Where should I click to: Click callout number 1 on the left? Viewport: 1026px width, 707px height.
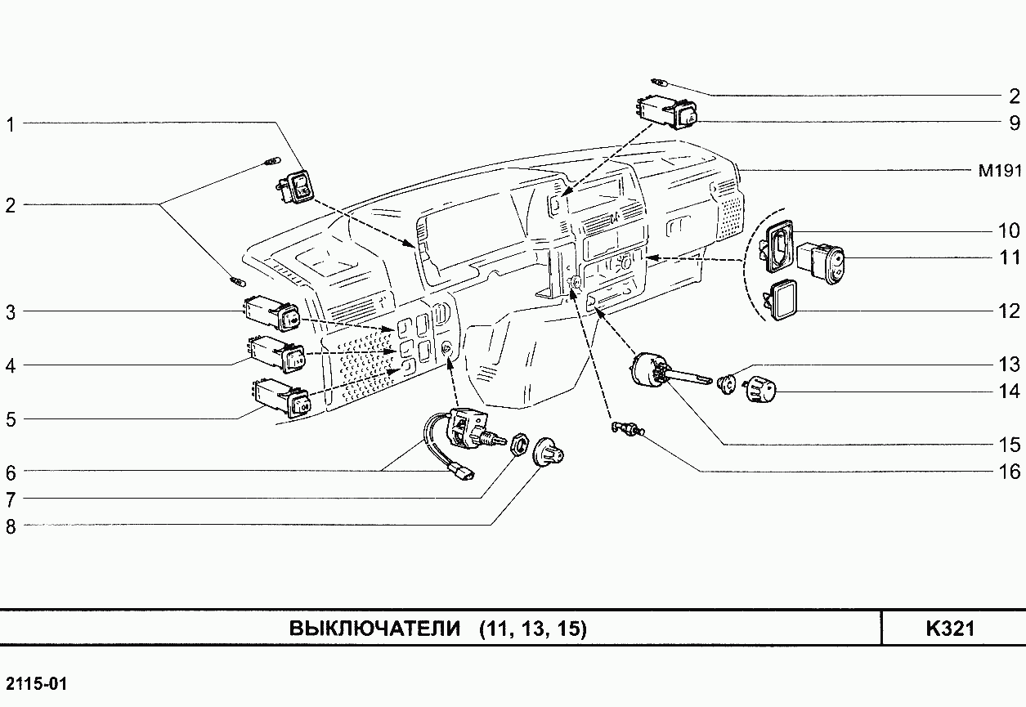[x=11, y=125]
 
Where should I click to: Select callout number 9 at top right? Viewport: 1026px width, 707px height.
[x=1014, y=124]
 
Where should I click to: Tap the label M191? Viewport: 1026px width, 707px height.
[x=999, y=172]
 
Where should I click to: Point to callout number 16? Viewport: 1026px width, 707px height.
[x=1010, y=472]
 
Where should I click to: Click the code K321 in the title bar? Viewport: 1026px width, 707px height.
[x=950, y=629]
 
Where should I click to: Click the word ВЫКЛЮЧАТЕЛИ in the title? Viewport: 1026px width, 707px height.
[x=376, y=629]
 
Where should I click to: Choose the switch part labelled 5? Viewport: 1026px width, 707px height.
[x=282, y=398]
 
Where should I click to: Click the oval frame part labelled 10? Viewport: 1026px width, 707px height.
[x=780, y=244]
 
